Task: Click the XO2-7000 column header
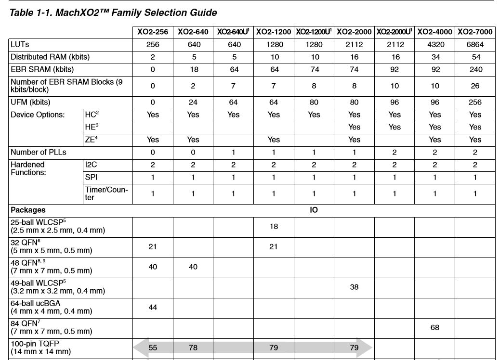click(x=475, y=32)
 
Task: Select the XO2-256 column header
click(x=153, y=32)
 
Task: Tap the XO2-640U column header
click(x=233, y=32)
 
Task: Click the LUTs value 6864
click(x=475, y=44)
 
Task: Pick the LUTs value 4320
click(x=434, y=44)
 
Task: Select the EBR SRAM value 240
click(x=475, y=69)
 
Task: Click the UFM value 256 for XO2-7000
click(x=475, y=102)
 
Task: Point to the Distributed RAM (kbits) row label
click(x=50, y=57)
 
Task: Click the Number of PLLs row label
click(x=39, y=152)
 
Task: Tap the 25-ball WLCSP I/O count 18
click(x=274, y=226)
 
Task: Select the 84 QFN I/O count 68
click(x=434, y=327)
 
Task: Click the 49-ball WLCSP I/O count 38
click(x=354, y=287)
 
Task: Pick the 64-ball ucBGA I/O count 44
click(x=153, y=307)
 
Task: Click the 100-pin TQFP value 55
click(x=153, y=347)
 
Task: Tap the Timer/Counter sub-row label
click(x=106, y=193)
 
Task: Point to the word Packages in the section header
click(x=28, y=210)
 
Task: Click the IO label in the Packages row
click(x=314, y=210)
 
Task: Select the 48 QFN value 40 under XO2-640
click(x=193, y=267)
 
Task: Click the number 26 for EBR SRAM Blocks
click(x=475, y=86)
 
